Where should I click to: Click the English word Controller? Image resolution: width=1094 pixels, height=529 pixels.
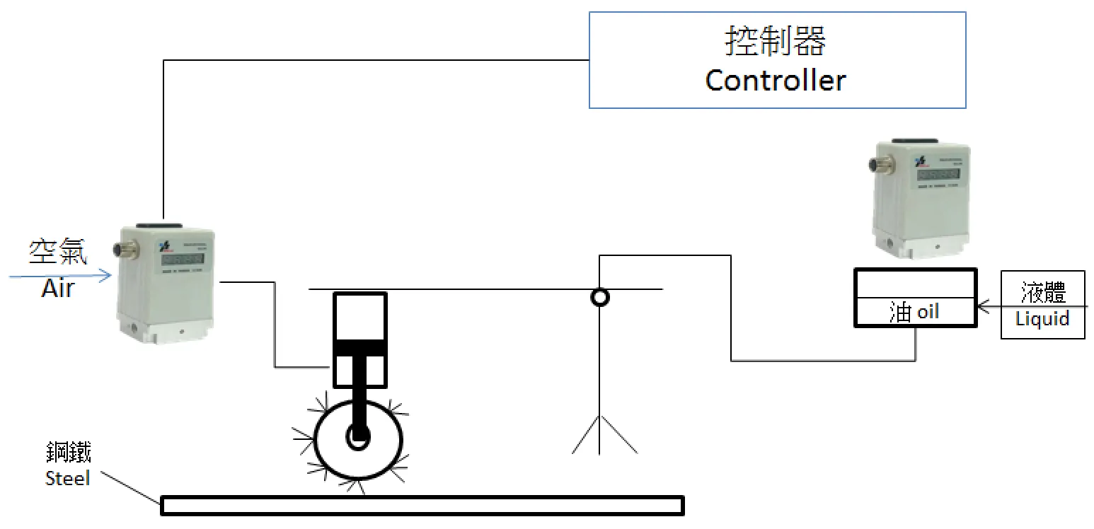[x=776, y=81]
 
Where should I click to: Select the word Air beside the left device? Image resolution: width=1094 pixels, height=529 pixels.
[x=57, y=288]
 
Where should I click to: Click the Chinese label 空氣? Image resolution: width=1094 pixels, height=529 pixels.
[x=58, y=252]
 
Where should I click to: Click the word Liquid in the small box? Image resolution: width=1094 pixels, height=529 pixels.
[x=1042, y=319]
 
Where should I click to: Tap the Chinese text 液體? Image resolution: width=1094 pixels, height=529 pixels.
[x=1043, y=291]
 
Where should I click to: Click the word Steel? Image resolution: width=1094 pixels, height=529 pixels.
[x=67, y=479]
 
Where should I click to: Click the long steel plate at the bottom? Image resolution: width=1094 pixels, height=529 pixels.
[x=422, y=505]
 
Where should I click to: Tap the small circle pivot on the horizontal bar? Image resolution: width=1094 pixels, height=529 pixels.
[x=599, y=297]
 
